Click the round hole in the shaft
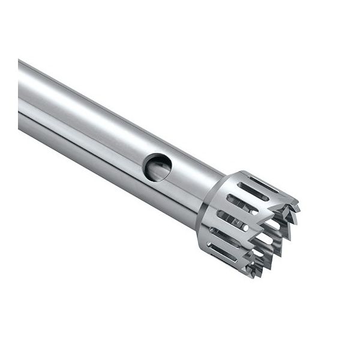pos(157,167)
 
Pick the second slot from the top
pos(253,191)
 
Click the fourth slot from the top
pos(232,220)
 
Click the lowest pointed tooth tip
pos(253,276)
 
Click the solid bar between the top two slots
pos(257,188)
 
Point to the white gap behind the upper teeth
pos(272,223)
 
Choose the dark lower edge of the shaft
pos(90,152)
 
